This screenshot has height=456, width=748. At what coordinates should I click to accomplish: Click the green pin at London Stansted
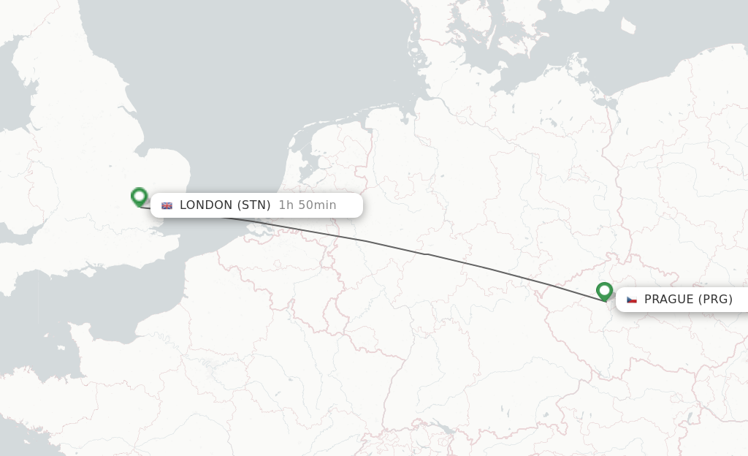click(x=140, y=196)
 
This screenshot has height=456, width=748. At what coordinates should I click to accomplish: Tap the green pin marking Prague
click(x=604, y=291)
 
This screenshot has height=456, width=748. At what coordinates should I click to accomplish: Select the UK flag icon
click(x=167, y=205)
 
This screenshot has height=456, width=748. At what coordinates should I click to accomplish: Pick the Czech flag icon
click(x=632, y=300)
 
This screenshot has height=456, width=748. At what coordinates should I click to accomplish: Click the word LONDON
click(x=206, y=205)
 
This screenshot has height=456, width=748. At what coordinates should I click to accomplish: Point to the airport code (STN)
click(x=253, y=205)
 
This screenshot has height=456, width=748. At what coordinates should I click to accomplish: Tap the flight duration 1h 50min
click(x=308, y=205)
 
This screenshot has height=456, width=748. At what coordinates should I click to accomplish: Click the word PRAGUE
click(x=668, y=300)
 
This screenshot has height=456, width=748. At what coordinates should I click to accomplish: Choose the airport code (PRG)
click(x=715, y=300)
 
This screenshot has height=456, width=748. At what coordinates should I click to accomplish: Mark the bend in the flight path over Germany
click(x=427, y=254)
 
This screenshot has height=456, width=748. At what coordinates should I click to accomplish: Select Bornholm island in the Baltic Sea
click(x=627, y=26)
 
